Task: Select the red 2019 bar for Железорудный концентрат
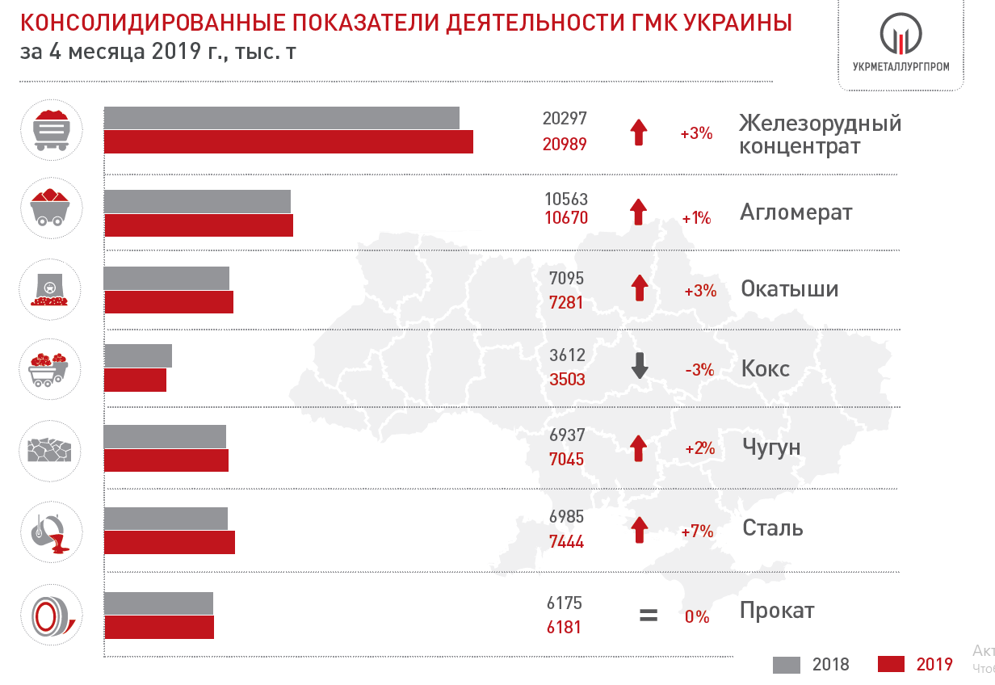(288, 142)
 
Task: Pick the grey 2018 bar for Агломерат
(197, 201)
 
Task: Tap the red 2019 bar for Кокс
(135, 380)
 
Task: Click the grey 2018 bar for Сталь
(166, 518)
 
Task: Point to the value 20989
(564, 144)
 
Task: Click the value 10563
(565, 199)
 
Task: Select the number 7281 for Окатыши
(565, 303)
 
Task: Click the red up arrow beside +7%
(639, 529)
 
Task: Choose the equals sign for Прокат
(648, 615)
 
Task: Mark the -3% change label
(699, 370)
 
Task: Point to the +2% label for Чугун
(699, 448)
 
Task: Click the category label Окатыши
(789, 289)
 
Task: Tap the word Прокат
(777, 611)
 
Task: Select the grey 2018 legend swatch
(786, 664)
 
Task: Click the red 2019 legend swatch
(890, 664)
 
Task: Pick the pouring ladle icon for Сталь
(49, 531)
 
